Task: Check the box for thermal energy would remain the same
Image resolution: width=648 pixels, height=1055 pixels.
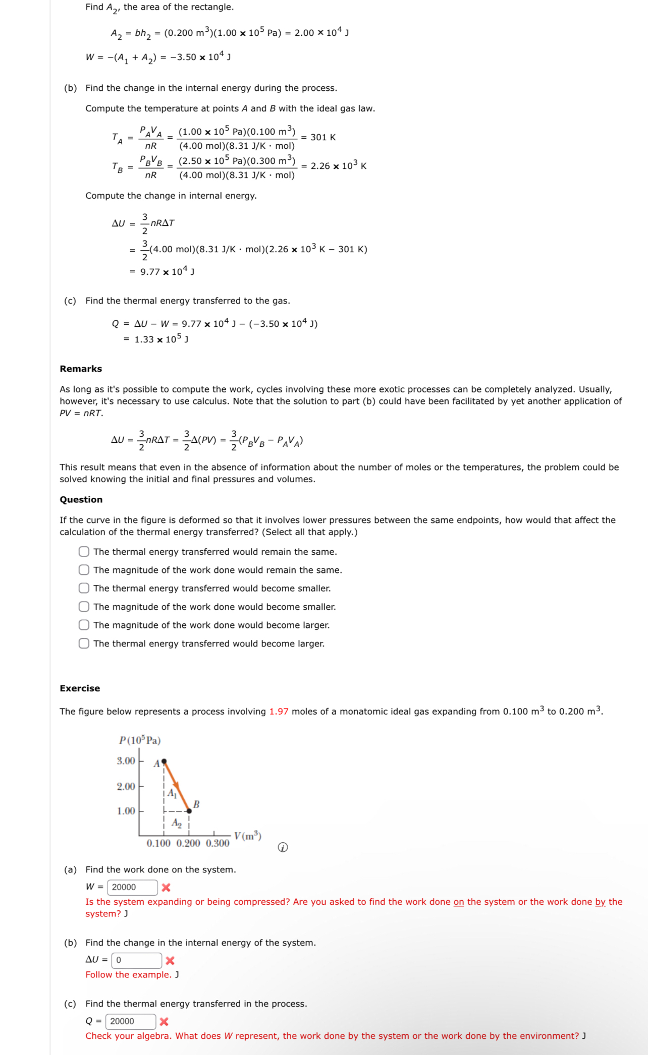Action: [84, 552]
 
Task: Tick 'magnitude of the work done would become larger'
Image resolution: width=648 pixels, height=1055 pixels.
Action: [84, 625]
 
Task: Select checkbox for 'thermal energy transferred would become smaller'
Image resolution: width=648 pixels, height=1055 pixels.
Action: [84, 588]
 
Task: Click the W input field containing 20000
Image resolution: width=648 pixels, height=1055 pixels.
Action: [133, 887]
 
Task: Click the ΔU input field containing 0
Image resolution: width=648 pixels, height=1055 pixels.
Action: [137, 960]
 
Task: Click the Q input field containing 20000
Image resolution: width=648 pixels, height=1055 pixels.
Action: [131, 1021]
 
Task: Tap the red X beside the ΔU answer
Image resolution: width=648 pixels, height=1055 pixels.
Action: [170, 961]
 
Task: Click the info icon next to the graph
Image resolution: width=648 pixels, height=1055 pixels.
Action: [283, 847]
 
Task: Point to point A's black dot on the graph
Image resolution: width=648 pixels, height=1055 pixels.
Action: [164, 761]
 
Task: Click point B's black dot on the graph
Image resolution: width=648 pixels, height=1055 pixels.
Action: [189, 811]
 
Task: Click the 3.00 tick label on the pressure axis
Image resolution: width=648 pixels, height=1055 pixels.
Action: [126, 760]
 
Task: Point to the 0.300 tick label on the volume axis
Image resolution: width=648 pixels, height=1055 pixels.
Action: [218, 843]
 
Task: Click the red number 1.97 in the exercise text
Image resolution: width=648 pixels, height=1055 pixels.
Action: [279, 712]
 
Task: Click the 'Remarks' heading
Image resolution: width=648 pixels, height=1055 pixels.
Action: [81, 369]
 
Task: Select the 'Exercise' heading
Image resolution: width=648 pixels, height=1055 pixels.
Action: [80, 688]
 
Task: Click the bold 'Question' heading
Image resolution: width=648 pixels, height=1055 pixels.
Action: [81, 499]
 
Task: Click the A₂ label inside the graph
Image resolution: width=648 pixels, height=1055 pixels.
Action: [177, 823]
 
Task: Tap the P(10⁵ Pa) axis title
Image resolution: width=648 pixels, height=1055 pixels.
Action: [140, 740]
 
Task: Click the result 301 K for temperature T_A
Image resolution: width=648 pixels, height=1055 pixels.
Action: [323, 137]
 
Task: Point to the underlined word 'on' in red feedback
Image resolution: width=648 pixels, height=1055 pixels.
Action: [458, 902]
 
